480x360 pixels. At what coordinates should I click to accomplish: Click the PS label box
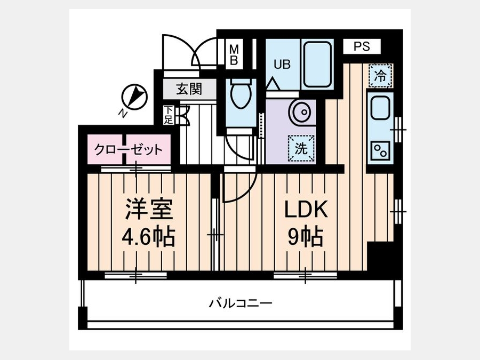[362, 46]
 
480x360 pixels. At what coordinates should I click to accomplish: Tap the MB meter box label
[234, 54]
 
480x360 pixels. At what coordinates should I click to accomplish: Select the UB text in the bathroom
[282, 65]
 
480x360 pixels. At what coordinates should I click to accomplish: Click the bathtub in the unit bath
[317, 65]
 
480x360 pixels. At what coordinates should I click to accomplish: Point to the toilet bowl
[241, 94]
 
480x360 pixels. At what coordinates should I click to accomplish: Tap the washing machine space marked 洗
[301, 148]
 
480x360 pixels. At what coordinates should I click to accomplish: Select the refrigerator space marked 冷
[380, 75]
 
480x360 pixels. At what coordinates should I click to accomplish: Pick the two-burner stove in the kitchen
[380, 150]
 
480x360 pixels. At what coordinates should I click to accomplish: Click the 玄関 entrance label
[189, 89]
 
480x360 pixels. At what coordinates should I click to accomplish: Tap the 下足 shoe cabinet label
[168, 115]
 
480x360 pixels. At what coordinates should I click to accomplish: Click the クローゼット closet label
[129, 150]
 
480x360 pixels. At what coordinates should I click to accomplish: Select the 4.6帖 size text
[148, 237]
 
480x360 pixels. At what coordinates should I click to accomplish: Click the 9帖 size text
[305, 237]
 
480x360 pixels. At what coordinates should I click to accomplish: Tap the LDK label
[306, 209]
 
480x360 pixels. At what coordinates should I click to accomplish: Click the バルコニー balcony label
[241, 303]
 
